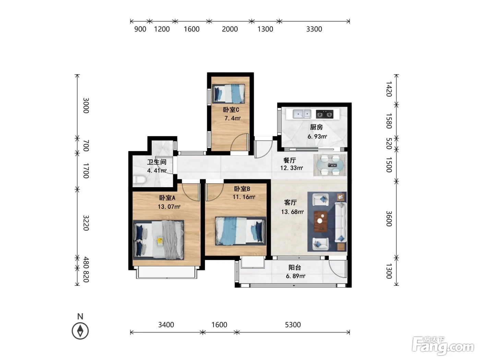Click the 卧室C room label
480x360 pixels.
(x=231, y=109)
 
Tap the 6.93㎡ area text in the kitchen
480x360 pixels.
(x=317, y=136)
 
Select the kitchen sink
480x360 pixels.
(x=302, y=114)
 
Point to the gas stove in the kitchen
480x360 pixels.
(x=325, y=114)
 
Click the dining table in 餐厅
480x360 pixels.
(x=330, y=165)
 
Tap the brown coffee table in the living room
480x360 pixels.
(x=321, y=221)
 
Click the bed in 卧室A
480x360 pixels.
(x=158, y=240)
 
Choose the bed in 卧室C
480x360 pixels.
(x=229, y=94)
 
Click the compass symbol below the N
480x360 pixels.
(x=80, y=331)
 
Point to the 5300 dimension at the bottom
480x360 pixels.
(x=293, y=325)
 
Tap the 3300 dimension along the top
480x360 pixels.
(x=314, y=29)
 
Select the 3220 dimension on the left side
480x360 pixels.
(x=86, y=223)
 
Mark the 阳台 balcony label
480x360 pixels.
(x=295, y=267)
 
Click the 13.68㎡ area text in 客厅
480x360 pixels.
(x=292, y=212)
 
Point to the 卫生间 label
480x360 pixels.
(x=157, y=162)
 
